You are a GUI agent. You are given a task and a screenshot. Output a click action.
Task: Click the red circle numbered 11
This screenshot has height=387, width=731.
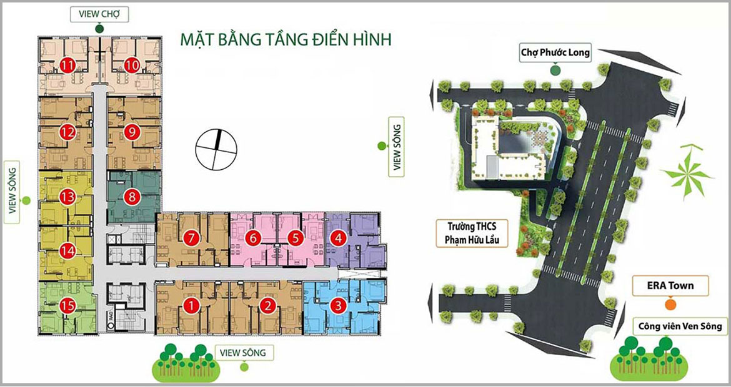pyautogui.click(x=68, y=66)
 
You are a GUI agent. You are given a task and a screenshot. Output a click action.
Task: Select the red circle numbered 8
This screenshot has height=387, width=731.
pyautogui.click(x=132, y=197)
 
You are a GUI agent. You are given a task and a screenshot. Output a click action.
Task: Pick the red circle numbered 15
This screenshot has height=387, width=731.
pyautogui.click(x=67, y=305)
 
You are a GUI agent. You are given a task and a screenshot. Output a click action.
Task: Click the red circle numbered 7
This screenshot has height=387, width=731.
pyautogui.click(x=191, y=238)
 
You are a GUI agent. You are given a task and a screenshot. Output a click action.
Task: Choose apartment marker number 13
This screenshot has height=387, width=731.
pyautogui.click(x=67, y=197)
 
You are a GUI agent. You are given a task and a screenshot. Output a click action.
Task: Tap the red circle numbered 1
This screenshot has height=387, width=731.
pyautogui.click(x=191, y=306)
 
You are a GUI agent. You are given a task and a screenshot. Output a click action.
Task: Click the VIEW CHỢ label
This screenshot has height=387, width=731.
pyautogui.click(x=99, y=14)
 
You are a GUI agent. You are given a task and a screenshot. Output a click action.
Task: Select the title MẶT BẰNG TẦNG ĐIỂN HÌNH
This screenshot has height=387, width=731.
pyautogui.click(x=286, y=39)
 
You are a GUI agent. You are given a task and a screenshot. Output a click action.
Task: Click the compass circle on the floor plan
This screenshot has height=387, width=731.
pyautogui.click(x=216, y=149)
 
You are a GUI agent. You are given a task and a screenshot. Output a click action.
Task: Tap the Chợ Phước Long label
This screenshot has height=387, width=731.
pyautogui.click(x=555, y=53)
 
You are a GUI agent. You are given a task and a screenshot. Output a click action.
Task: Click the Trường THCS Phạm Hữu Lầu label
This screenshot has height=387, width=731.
pyautogui.click(x=471, y=234)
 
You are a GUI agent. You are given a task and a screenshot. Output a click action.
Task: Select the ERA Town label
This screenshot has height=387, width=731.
pyautogui.click(x=670, y=285)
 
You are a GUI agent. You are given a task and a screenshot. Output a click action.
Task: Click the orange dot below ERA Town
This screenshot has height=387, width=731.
pyautogui.click(x=670, y=305)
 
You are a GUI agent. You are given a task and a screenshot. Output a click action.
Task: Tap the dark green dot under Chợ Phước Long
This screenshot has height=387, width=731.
pyautogui.click(x=555, y=71)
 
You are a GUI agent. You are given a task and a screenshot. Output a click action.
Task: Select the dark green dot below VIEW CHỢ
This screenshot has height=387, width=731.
pyautogui.click(x=99, y=29)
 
